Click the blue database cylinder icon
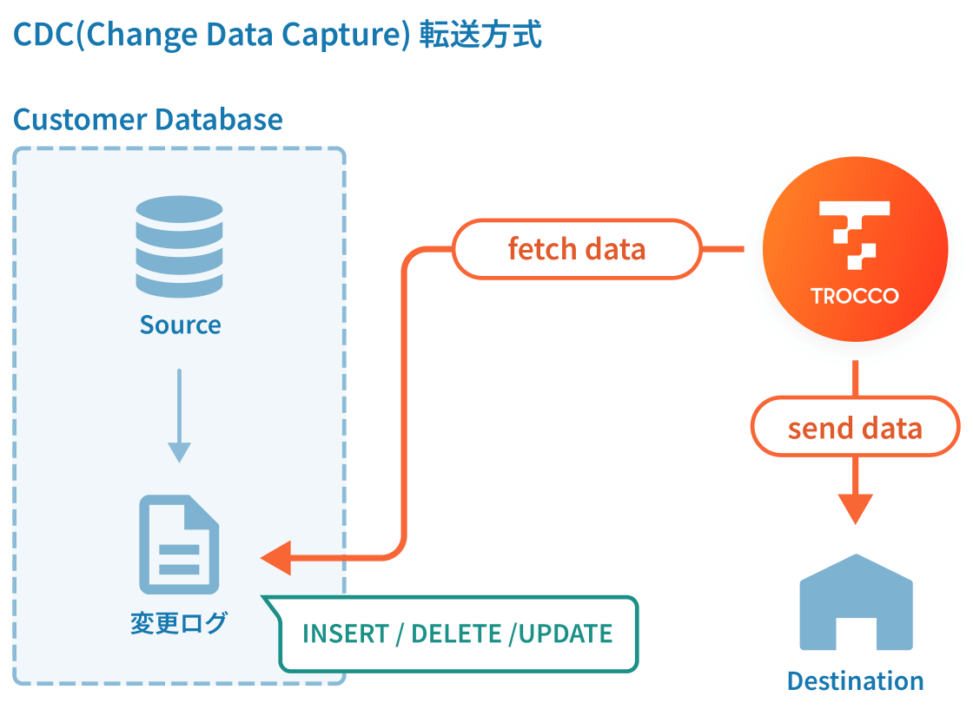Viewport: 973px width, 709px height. click(x=179, y=246)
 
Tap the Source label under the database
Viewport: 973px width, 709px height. click(x=180, y=325)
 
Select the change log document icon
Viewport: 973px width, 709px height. click(x=179, y=543)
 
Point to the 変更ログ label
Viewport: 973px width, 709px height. click(x=178, y=622)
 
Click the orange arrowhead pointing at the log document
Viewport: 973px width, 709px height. click(x=276, y=556)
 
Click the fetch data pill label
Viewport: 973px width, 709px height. click(x=577, y=249)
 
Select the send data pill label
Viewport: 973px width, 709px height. click(x=855, y=427)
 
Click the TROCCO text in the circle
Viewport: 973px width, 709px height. click(x=855, y=296)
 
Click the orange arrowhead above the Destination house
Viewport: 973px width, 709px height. click(x=855, y=507)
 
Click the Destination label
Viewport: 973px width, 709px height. click(x=855, y=680)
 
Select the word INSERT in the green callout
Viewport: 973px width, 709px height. click(x=345, y=634)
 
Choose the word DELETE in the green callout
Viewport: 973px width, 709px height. click(x=456, y=634)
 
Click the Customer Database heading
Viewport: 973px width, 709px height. click(x=148, y=119)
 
